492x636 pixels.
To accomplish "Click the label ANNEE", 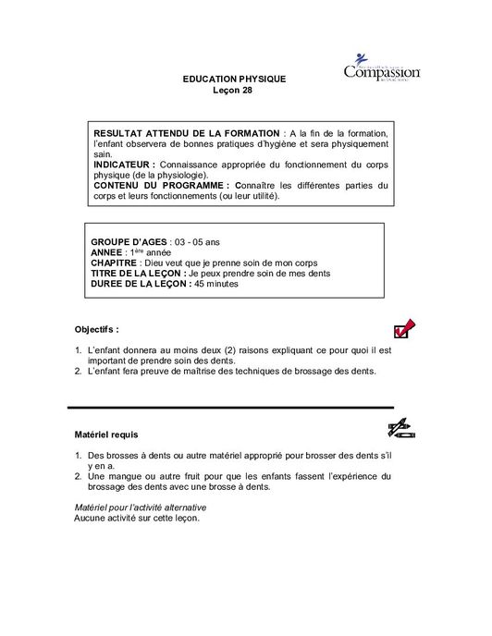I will click(x=108, y=252).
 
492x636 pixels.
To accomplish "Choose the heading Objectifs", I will click(x=96, y=328).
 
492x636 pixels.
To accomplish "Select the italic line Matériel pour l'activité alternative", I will click(x=140, y=508).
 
